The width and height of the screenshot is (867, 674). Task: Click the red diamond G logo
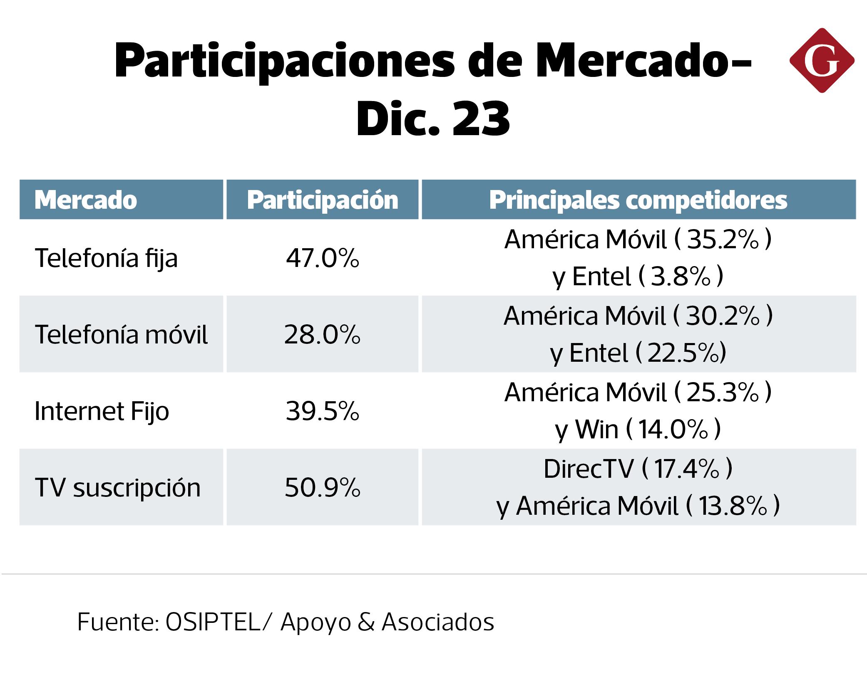pyautogui.click(x=822, y=60)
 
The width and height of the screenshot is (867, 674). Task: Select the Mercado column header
pyautogui.click(x=86, y=200)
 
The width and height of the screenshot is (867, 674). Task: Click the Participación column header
pyautogui.click(x=323, y=200)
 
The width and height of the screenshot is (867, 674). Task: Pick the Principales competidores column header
pyautogui.click(x=638, y=200)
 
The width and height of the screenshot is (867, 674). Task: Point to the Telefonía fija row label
pyautogui.click(x=106, y=258)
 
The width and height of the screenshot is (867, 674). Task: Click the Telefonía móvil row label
pyautogui.click(x=121, y=335)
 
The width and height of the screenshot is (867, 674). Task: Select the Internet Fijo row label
pyautogui.click(x=102, y=411)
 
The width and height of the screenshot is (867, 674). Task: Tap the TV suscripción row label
pyautogui.click(x=117, y=488)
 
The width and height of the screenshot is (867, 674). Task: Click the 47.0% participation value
pyautogui.click(x=323, y=258)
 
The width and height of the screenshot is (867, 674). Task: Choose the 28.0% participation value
pyautogui.click(x=323, y=335)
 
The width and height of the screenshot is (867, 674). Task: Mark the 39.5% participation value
pyautogui.click(x=323, y=411)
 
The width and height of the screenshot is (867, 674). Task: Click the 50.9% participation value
pyautogui.click(x=323, y=488)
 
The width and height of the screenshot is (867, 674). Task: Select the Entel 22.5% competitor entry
pyautogui.click(x=638, y=353)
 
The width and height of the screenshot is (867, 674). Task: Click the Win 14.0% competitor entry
pyautogui.click(x=638, y=430)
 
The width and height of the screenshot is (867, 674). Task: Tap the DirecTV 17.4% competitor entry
pyautogui.click(x=638, y=469)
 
